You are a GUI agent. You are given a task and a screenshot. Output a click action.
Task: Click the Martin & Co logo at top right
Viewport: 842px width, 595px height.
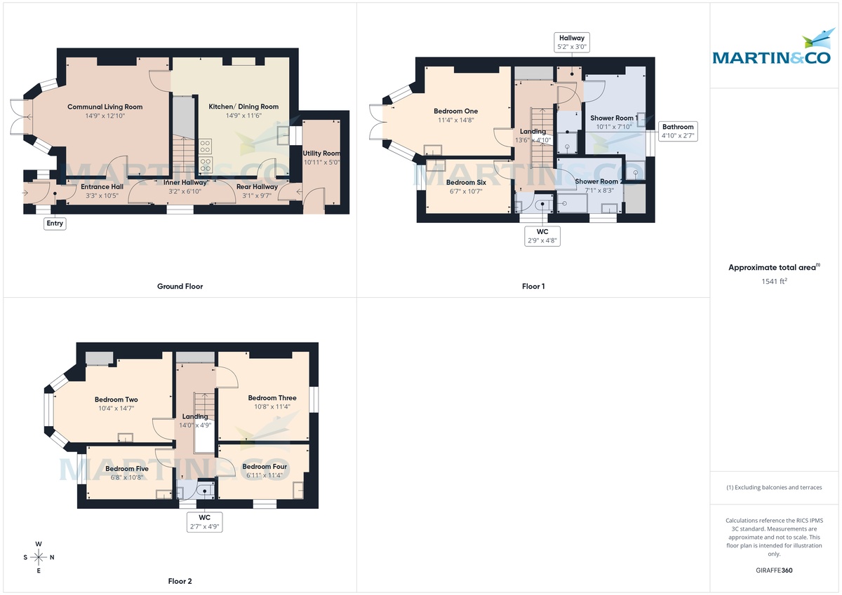click(775, 51)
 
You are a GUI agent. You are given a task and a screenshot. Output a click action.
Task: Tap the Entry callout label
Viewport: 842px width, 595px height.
click(55, 224)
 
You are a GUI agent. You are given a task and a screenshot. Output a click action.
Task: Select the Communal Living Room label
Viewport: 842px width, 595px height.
click(105, 107)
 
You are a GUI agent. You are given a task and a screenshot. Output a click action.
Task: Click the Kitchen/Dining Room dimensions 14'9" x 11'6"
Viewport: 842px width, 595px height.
click(243, 116)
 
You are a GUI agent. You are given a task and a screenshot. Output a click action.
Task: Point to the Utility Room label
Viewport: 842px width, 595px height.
click(321, 153)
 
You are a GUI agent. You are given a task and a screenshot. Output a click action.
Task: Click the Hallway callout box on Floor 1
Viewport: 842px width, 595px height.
click(571, 42)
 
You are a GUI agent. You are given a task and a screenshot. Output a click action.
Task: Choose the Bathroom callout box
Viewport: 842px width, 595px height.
click(678, 132)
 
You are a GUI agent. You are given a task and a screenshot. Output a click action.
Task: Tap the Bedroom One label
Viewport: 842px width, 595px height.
click(455, 111)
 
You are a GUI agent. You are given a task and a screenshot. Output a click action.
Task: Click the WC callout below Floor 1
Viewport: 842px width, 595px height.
click(543, 235)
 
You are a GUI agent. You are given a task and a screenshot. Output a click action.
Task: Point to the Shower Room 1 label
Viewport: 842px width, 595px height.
click(614, 118)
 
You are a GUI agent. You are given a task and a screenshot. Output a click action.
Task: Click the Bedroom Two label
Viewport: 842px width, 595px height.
click(116, 399)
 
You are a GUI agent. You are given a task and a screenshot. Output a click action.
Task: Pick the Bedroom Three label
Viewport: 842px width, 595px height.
click(272, 397)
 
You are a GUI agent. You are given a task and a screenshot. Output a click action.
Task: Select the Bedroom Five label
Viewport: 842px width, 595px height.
click(127, 469)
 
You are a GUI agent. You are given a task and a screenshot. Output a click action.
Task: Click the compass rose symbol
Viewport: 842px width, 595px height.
click(39, 557)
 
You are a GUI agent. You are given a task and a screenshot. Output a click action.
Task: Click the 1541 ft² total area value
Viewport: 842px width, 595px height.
click(774, 281)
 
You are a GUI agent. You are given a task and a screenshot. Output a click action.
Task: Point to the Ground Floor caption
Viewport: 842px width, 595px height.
click(180, 286)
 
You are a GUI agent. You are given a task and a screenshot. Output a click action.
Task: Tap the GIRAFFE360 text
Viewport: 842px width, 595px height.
click(774, 570)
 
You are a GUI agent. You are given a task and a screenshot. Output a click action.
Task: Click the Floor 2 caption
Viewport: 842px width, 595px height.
click(180, 581)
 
